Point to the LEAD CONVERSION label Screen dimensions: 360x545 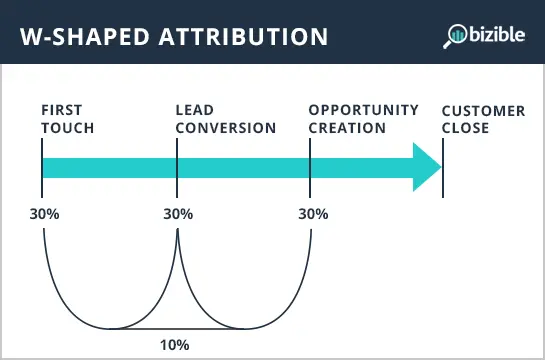click(225, 118)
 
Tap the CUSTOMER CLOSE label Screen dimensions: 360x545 click(483, 118)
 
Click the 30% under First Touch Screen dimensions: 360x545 click(44, 213)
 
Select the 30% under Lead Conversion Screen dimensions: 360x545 click(177, 213)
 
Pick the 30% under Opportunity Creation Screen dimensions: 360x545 click(312, 213)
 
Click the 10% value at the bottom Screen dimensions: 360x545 click(175, 345)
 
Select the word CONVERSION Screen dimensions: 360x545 click(225, 127)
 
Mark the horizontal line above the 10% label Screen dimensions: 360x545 click(177, 328)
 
